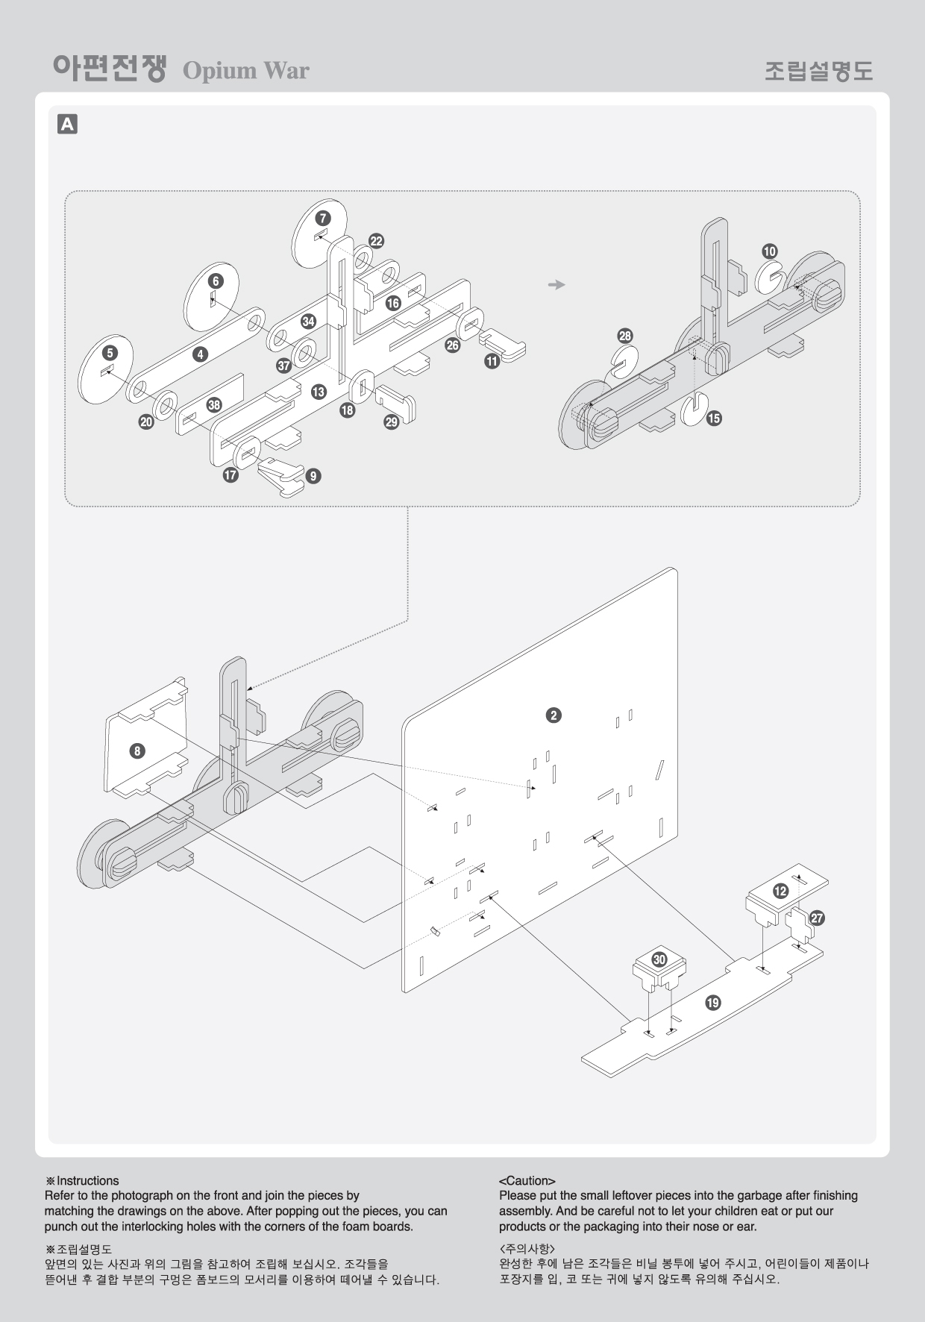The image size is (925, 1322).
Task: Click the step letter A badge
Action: (x=67, y=124)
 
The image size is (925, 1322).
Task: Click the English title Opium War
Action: (x=245, y=71)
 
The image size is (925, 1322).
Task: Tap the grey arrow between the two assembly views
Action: (x=556, y=284)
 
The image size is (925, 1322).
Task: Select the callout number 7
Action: (x=322, y=219)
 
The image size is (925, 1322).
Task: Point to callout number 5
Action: (x=110, y=353)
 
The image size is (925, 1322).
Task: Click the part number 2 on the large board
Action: (x=553, y=715)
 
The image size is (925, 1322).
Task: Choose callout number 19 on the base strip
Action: (x=713, y=1003)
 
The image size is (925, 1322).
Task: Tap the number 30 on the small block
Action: (x=659, y=959)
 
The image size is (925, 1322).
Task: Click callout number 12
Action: (x=780, y=891)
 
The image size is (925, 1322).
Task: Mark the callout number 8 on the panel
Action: (x=137, y=751)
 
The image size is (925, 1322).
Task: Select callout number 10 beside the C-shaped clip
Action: (x=769, y=251)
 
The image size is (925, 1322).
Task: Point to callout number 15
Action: (x=714, y=418)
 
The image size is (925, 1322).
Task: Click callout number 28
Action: (x=625, y=336)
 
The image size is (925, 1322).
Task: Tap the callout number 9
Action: (x=313, y=475)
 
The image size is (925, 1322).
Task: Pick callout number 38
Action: (x=215, y=404)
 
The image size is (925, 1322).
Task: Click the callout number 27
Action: (x=817, y=918)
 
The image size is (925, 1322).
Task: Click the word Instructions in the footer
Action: (x=88, y=1181)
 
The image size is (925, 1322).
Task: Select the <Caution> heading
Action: (x=527, y=1181)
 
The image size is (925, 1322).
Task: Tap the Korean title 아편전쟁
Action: (x=109, y=69)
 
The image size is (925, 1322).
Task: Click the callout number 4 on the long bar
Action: (x=200, y=354)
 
